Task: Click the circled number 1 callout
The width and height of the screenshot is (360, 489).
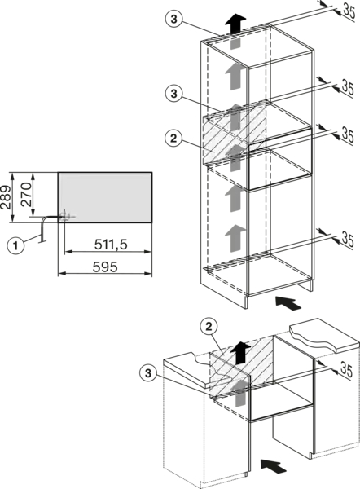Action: [15, 245]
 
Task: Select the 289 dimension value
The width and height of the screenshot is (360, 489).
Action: [6, 197]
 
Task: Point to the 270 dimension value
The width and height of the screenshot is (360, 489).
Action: [26, 195]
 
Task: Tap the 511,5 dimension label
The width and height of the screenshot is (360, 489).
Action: [111, 244]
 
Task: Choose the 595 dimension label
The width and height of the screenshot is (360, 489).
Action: [105, 267]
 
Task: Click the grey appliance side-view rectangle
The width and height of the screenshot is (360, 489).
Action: [105, 197]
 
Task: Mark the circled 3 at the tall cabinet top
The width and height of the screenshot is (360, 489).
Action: [174, 19]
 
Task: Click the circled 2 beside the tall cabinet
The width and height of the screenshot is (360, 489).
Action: [173, 139]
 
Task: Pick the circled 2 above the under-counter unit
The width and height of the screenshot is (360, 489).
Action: [209, 327]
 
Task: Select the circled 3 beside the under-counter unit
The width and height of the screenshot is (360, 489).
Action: [148, 373]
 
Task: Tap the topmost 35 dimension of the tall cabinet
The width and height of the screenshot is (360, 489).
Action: [349, 12]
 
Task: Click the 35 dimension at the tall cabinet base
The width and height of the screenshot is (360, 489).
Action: [348, 239]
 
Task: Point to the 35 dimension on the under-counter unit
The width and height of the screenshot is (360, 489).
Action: [345, 369]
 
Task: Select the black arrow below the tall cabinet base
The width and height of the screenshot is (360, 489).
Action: [288, 303]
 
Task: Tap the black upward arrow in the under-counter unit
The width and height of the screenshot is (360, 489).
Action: [240, 353]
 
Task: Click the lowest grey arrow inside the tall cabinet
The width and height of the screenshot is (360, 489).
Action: [235, 238]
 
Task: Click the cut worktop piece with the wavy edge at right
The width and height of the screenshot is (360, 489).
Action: [324, 336]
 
